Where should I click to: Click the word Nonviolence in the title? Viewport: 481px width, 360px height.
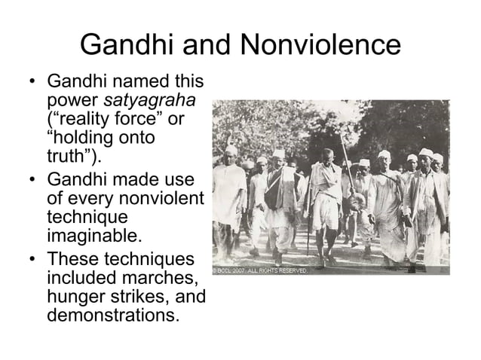[x=320, y=46]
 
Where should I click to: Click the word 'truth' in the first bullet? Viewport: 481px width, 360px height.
[x=69, y=158]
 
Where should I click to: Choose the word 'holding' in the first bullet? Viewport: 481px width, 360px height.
[x=85, y=139]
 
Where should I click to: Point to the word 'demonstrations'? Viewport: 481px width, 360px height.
[x=113, y=315]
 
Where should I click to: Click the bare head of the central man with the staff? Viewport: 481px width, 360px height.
[x=326, y=154]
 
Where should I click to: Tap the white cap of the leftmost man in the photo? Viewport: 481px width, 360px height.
[x=231, y=151]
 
